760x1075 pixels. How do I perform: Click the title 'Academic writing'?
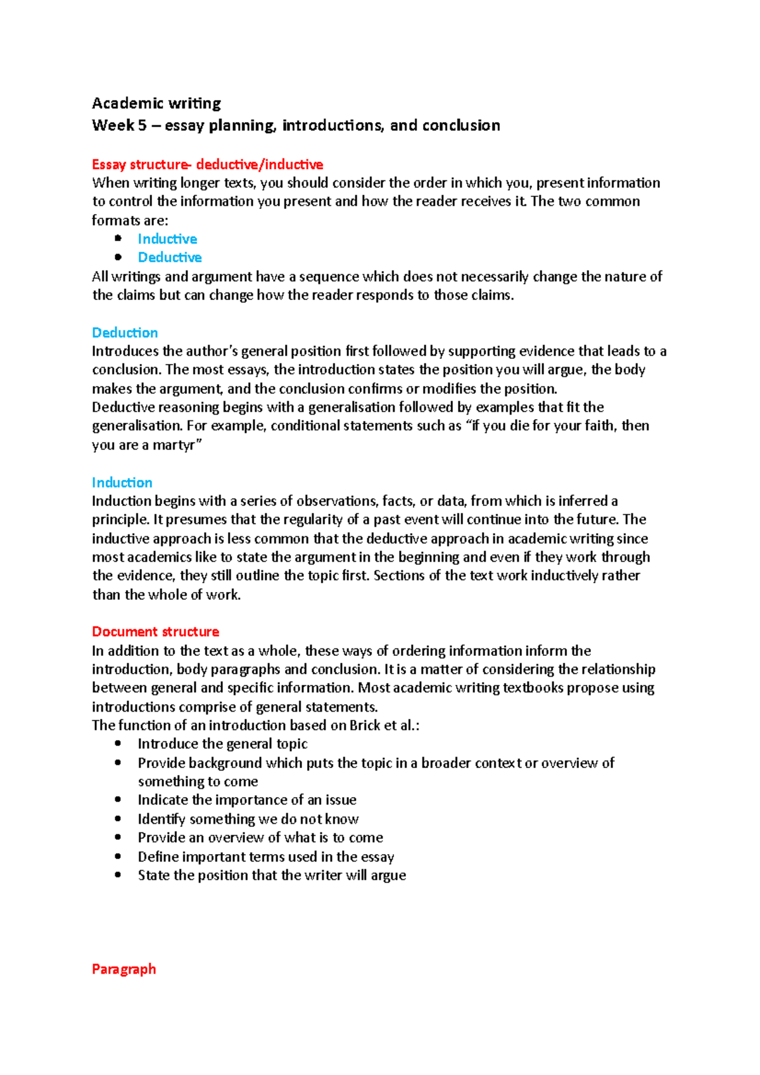click(x=156, y=103)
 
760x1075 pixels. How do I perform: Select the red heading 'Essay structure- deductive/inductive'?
click(x=207, y=165)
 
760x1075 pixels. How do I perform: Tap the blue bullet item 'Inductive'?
click(x=167, y=239)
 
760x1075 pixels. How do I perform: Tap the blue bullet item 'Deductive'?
click(x=170, y=258)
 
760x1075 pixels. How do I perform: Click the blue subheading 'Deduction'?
click(x=125, y=333)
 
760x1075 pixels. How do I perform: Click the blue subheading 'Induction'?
click(x=122, y=483)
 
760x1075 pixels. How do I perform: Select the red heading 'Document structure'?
click(x=155, y=632)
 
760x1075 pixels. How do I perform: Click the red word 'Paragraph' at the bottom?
click(x=123, y=969)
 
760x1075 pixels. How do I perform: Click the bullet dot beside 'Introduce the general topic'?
click(x=118, y=744)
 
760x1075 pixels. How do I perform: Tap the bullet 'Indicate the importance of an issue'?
click(x=247, y=800)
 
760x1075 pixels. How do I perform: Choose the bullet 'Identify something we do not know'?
click(x=248, y=819)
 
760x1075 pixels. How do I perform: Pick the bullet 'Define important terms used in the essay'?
click(x=266, y=857)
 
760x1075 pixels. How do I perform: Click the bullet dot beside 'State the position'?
click(x=118, y=876)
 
